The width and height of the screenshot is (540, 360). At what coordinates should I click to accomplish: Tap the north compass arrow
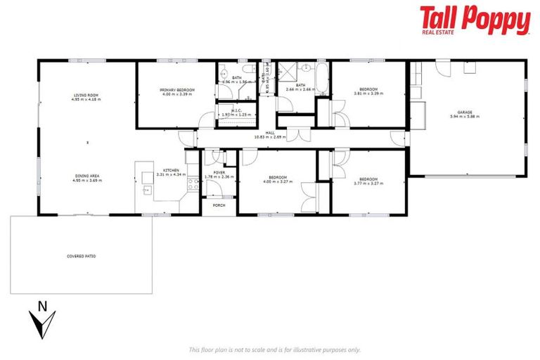43,319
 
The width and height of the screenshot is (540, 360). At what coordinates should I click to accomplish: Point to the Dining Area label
86,178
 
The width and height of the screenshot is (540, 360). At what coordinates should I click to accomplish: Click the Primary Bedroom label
176,90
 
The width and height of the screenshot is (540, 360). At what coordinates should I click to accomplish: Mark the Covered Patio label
81,256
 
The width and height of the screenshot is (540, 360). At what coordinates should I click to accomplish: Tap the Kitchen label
172,170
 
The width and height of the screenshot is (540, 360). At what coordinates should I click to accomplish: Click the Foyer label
219,172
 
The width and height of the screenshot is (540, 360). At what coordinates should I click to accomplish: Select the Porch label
219,205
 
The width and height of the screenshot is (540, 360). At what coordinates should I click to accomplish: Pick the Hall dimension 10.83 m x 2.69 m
270,136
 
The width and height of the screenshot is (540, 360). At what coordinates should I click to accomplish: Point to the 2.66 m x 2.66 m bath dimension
300,89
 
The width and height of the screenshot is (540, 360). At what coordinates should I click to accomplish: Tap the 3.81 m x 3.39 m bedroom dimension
368,94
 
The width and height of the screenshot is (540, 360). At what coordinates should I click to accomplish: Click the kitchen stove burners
192,183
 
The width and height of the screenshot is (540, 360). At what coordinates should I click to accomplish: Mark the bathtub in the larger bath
321,79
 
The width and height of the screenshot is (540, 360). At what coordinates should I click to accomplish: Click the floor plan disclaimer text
274,349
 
